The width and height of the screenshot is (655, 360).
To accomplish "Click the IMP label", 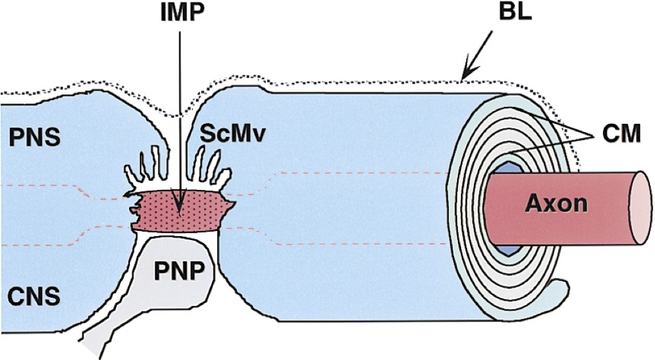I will tap(180, 14).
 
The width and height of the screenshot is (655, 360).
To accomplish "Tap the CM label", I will tap(622, 135).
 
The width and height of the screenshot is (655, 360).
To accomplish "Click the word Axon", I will tap(556, 203).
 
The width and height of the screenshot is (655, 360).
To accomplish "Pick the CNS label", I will tap(30, 296).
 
